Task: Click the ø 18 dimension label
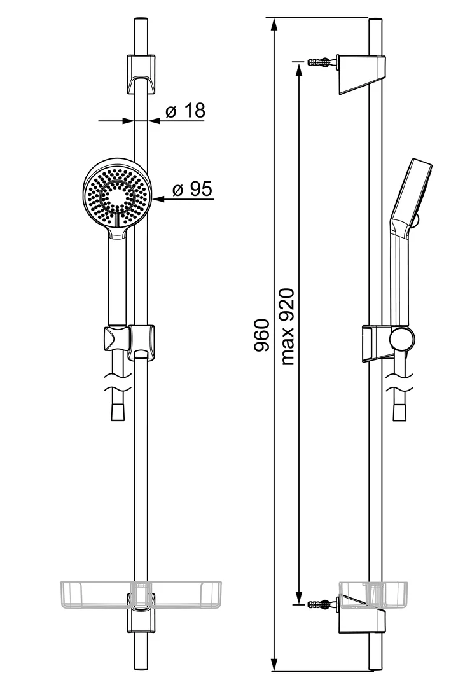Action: (185, 111)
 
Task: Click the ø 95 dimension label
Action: (192, 190)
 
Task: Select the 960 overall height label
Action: (261, 335)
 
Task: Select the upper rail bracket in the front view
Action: (141, 74)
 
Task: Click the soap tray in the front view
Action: (141, 595)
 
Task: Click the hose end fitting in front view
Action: (118, 411)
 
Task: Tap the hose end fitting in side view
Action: (399, 411)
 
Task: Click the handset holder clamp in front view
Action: (115, 339)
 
